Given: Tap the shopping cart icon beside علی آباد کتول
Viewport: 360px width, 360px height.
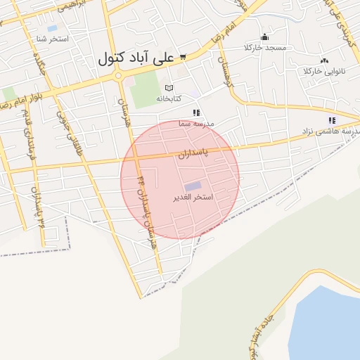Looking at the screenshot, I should click(183, 57).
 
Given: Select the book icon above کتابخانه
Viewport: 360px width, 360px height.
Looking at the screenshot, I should click(168, 88).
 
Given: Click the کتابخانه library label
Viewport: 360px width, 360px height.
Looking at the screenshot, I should click(169, 98).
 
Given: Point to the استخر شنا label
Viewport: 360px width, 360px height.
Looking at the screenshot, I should click(53, 39).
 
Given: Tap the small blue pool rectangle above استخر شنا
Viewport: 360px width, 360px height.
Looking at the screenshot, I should click(52, 28).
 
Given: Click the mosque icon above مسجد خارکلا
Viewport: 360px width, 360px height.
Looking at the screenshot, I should click(265, 37).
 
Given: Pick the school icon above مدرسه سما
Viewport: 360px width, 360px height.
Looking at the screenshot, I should click(196, 112).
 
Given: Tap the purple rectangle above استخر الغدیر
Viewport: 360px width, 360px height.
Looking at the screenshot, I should click(193, 186).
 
